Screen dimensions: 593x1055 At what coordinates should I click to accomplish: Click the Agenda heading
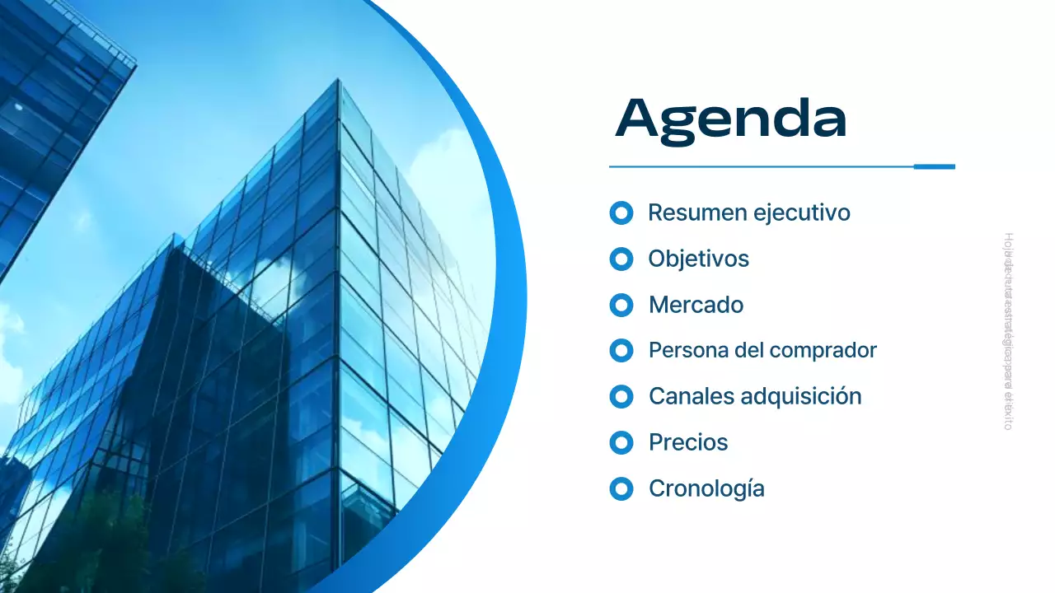(731, 120)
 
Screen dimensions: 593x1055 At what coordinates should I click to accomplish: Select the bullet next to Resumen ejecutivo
(621, 213)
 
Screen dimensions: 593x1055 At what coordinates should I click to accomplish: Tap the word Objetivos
(698, 259)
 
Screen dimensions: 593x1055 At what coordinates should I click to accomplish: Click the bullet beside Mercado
(621, 306)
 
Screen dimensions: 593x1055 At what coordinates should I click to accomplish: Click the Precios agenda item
(688, 442)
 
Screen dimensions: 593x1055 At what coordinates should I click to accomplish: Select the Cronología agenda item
(706, 488)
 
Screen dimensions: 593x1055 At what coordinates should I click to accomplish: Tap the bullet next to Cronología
(621, 489)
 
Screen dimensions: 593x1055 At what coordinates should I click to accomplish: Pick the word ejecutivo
(801, 213)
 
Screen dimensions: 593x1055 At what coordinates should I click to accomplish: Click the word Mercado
(696, 305)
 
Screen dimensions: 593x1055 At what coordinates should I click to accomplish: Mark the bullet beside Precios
(621, 443)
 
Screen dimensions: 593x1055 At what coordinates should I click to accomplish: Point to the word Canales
(691, 396)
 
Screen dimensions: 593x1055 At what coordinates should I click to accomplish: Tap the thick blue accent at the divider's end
(934, 166)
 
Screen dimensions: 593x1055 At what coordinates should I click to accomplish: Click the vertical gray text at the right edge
(1008, 331)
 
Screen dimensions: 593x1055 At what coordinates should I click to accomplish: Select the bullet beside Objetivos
(621, 259)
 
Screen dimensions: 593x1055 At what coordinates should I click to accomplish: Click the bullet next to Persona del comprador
(621, 351)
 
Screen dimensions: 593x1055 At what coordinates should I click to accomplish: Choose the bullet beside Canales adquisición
(621, 397)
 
